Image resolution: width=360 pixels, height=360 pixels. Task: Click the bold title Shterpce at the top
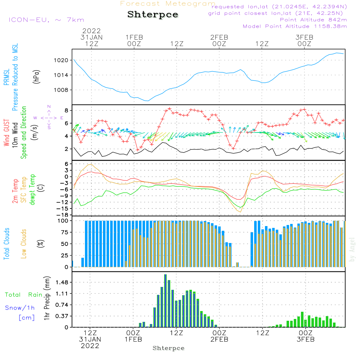click(153, 15)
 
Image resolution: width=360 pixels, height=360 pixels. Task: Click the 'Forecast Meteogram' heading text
click(168, 4)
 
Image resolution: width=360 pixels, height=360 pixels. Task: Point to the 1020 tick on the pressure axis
click(61, 60)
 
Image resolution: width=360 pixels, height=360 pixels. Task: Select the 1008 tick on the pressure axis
click(61, 90)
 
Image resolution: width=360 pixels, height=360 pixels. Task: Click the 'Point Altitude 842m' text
click(313, 20)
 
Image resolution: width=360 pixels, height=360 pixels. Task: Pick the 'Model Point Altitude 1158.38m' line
click(295, 26)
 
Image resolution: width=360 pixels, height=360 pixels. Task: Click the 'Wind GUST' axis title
click(6, 132)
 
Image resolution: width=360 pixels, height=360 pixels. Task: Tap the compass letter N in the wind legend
click(49, 107)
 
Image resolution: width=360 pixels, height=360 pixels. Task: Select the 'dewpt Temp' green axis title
click(32, 189)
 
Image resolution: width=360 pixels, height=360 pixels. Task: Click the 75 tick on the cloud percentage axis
click(63, 232)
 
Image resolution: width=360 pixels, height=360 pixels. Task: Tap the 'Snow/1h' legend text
click(20, 308)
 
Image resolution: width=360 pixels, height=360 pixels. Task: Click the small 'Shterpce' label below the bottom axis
click(168, 348)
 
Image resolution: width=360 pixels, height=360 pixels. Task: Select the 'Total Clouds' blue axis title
click(6, 243)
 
